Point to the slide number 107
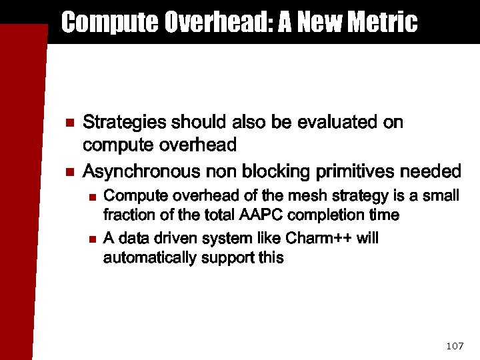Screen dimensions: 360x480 (x=454, y=345)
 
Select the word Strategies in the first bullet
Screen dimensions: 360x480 (x=125, y=123)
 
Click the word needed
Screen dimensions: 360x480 (x=431, y=172)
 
